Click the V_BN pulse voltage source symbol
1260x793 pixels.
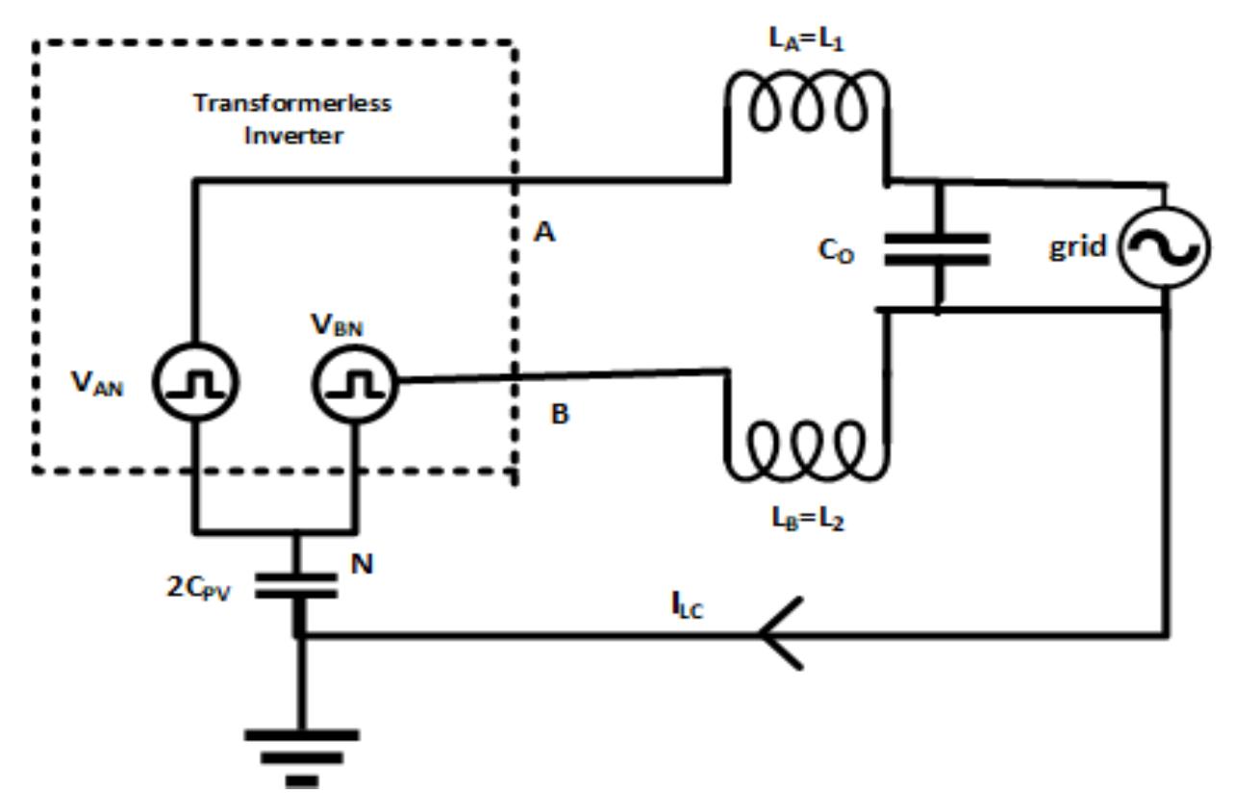click(355, 383)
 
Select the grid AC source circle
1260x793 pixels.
click(1168, 248)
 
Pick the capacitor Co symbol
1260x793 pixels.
click(937, 248)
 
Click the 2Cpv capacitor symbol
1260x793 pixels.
click(298, 585)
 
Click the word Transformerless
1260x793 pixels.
click(292, 103)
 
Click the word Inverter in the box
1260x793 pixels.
click(292, 135)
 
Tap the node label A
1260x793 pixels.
click(544, 232)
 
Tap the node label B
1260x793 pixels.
click(560, 414)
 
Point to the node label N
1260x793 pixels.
click(362, 564)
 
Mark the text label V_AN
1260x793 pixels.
click(97, 383)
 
